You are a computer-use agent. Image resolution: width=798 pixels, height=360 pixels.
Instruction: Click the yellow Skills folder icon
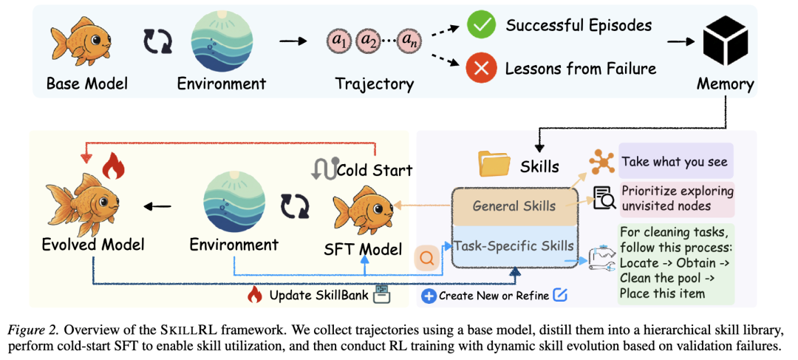[x=494, y=164]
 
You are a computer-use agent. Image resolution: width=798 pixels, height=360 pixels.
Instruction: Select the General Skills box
[x=514, y=207]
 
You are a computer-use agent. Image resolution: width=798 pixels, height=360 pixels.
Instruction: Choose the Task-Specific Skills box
[x=514, y=245]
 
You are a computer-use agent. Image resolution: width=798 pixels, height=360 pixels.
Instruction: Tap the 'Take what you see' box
[x=676, y=161]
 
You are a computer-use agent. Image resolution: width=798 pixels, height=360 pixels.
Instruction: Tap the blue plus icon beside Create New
[x=429, y=296]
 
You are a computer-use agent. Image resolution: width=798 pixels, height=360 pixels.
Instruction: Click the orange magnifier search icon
[x=427, y=258]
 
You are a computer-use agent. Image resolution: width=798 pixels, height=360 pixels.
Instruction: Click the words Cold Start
[x=375, y=171]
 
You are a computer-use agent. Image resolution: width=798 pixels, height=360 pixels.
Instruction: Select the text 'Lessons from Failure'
[x=580, y=68]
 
